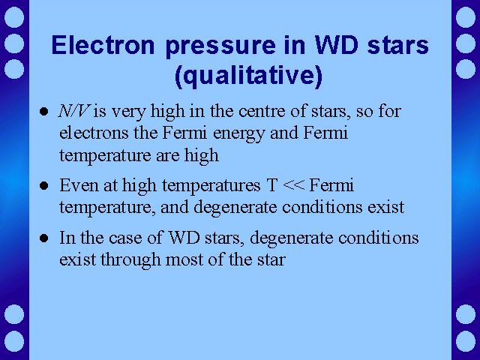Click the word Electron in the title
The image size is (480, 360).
103,45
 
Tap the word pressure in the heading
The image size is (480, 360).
220,46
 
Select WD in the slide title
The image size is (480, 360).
337,45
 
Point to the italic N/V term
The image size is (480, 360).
73,111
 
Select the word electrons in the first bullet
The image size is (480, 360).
94,133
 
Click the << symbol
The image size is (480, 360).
294,185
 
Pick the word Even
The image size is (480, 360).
79,185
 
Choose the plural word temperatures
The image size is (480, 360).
211,187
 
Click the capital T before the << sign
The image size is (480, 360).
272,185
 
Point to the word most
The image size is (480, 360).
184,260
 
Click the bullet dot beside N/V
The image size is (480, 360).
43,112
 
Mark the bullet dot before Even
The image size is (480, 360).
43,186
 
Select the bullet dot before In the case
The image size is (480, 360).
43,238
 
